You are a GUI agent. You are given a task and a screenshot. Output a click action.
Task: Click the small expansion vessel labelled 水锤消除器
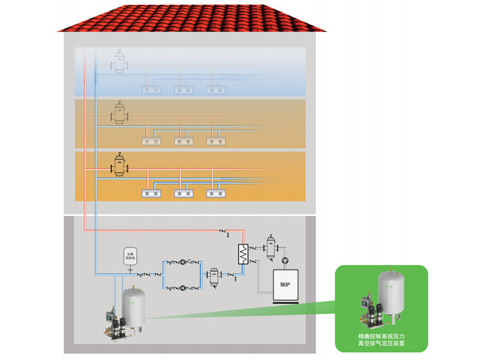pos(129,257)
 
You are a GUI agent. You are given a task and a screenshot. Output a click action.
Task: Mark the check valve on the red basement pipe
pos(223,231)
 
